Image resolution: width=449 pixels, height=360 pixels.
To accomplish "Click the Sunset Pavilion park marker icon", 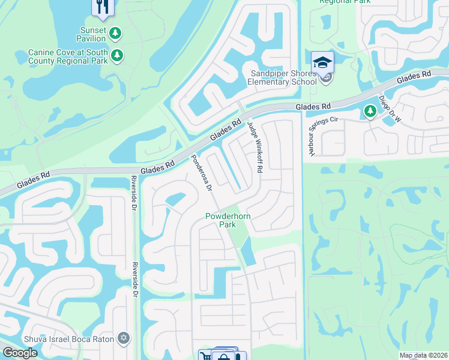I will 115,34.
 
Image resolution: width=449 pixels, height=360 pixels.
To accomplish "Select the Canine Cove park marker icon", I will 118,56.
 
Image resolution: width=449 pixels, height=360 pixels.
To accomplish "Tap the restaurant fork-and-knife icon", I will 101,7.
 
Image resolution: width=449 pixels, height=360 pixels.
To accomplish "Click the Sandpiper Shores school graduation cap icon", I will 322,61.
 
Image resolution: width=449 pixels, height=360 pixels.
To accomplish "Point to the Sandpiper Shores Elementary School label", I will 283,77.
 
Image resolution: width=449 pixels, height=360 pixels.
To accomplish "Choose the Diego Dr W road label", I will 390,109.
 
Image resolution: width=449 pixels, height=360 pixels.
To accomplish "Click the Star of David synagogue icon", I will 124,338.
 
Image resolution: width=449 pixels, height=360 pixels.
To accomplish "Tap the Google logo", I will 20,353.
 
